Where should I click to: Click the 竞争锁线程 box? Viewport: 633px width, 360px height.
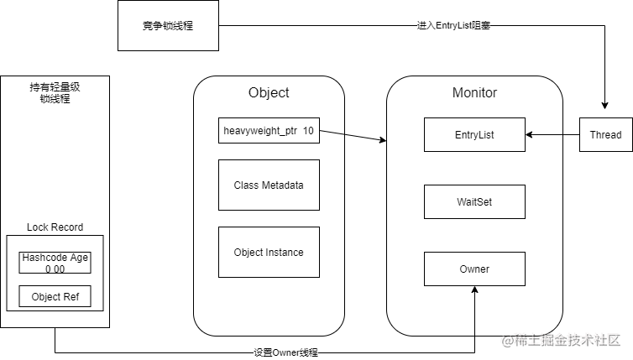coord(168,25)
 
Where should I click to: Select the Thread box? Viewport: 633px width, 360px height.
coord(605,134)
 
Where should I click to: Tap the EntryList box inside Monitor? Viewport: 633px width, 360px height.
coord(474,134)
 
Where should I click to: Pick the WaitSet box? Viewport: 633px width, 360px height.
coord(474,201)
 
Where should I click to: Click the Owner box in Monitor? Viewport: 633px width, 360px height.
coord(474,269)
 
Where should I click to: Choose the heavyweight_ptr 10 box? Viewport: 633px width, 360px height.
coord(269,132)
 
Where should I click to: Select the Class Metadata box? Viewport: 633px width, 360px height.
coord(269,185)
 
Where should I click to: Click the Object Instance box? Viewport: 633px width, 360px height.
coord(269,252)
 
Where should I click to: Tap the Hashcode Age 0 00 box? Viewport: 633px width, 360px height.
coord(55,263)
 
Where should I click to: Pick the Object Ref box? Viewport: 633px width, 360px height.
coord(55,296)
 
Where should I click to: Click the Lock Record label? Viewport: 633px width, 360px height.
coord(55,227)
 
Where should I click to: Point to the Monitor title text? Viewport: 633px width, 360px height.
coord(474,92)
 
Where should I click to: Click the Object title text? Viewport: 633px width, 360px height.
coord(269,92)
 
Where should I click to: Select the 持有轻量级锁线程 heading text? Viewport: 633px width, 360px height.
coord(55,92)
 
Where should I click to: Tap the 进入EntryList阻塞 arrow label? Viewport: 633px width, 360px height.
coord(453,26)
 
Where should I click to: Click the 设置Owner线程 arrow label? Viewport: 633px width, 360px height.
coord(285,352)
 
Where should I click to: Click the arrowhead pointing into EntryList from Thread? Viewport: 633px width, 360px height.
coord(531,134)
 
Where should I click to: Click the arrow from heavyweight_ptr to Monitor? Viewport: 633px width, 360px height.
coord(353,137)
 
